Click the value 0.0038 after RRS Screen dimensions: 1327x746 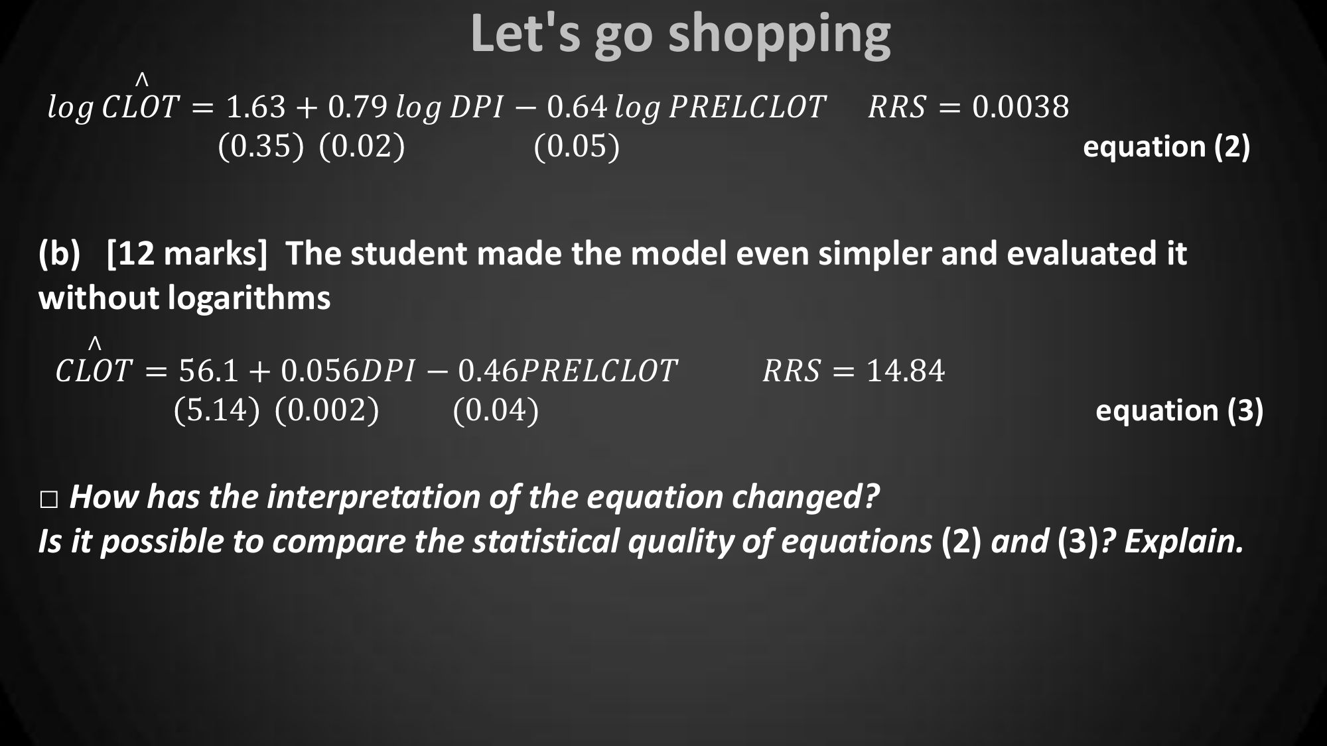tap(1020, 107)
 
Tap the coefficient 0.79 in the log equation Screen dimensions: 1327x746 tap(358, 107)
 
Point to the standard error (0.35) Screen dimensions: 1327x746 tap(261, 146)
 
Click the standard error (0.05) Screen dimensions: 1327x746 tap(577, 146)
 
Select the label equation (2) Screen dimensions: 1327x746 tap(1166, 147)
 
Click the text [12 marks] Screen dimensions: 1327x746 tap(187, 253)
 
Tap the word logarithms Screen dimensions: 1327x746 tap(249, 298)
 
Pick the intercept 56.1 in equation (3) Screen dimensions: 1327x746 tap(208, 371)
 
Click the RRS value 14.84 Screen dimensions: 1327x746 tap(906, 371)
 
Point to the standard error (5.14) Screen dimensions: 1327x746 tap(216, 410)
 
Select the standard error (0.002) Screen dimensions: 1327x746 tap(326, 410)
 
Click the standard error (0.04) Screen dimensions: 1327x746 tap(496, 410)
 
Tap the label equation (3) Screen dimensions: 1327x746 tap(1180, 410)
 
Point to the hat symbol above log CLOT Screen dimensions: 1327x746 tap(141, 80)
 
